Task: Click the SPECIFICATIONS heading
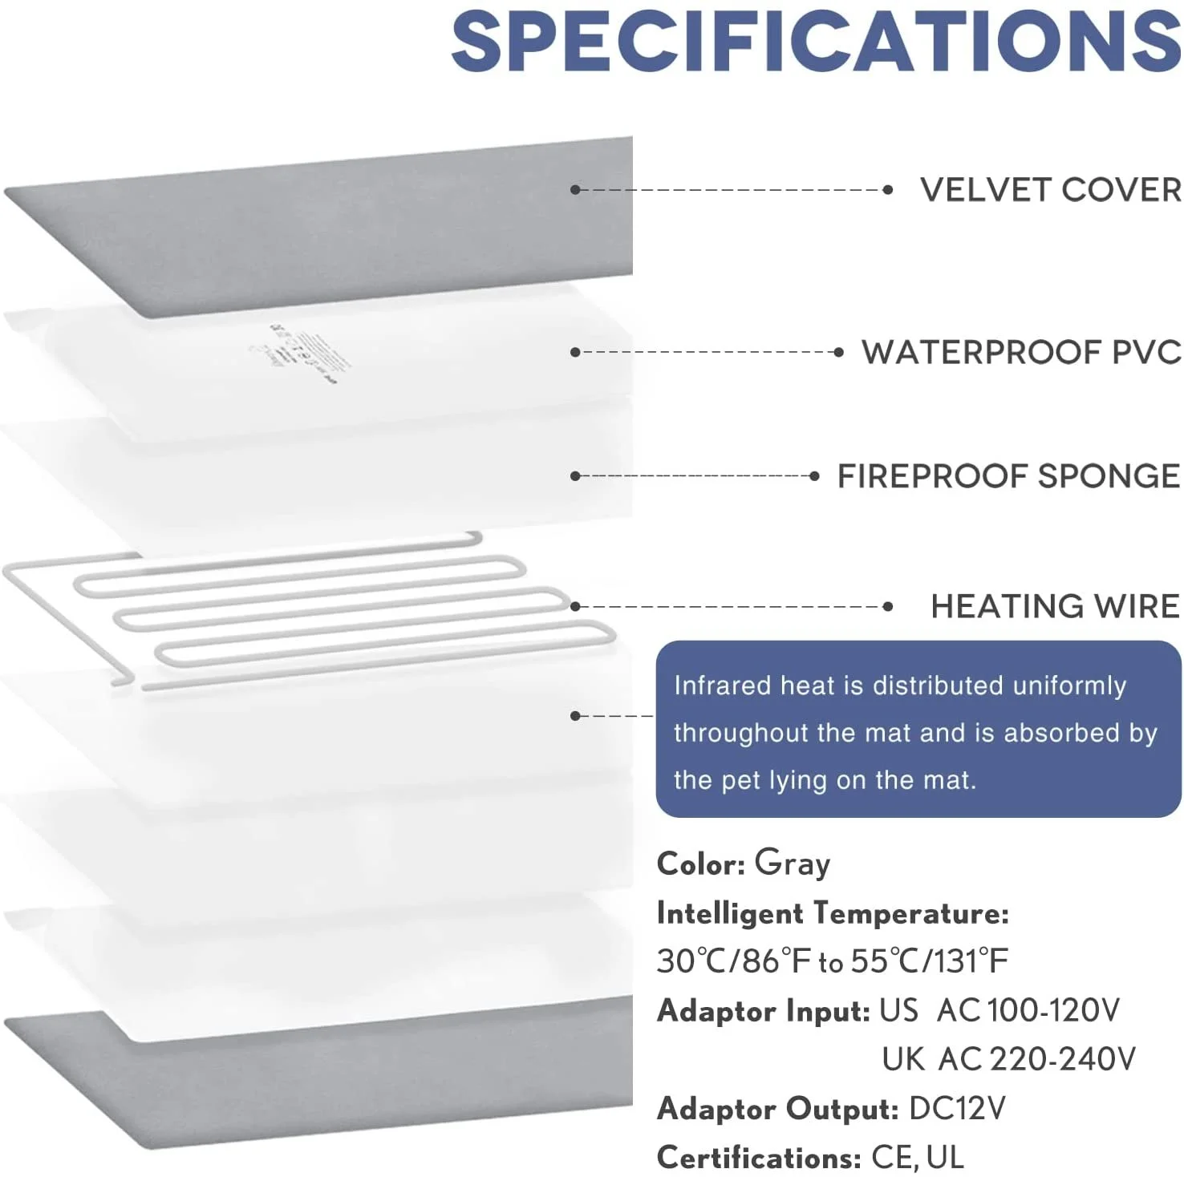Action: (x=816, y=42)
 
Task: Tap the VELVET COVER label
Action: (x=1050, y=190)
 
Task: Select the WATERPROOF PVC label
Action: (x=1021, y=352)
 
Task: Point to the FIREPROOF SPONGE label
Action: (x=1008, y=476)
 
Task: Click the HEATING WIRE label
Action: (x=1055, y=606)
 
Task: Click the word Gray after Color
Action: (x=792, y=864)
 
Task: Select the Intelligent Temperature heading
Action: (x=832, y=913)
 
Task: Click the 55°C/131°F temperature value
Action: (x=929, y=961)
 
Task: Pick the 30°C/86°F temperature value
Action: (x=734, y=961)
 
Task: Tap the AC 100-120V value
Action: (x=1028, y=1011)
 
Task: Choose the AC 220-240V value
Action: (x=1036, y=1060)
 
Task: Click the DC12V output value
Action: (x=957, y=1109)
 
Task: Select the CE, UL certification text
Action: (x=918, y=1158)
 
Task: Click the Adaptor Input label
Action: (x=763, y=1011)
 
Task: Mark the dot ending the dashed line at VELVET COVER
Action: (x=887, y=190)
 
